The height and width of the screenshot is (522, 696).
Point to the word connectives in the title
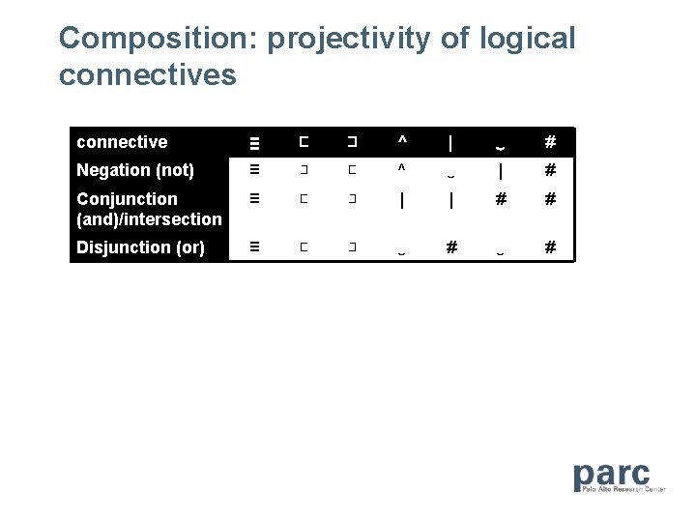147,74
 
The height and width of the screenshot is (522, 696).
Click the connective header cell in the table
122,142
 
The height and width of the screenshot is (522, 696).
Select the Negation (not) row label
135,170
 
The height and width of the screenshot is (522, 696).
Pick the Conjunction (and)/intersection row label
149,209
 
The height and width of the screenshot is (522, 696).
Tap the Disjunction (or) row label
140,247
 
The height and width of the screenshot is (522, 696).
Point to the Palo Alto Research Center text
624,489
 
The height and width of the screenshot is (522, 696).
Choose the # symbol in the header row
550,142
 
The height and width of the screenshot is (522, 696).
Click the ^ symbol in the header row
402,142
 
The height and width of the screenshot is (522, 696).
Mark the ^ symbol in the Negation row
402,170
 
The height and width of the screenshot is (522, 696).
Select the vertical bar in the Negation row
501,170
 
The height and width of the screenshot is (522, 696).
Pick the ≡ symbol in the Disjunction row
255,247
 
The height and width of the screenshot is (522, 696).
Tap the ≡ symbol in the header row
255,143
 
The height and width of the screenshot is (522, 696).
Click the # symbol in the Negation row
550,170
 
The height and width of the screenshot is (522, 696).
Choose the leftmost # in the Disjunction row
451,247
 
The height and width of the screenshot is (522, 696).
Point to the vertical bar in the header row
451,142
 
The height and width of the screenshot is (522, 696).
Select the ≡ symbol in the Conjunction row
255,199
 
